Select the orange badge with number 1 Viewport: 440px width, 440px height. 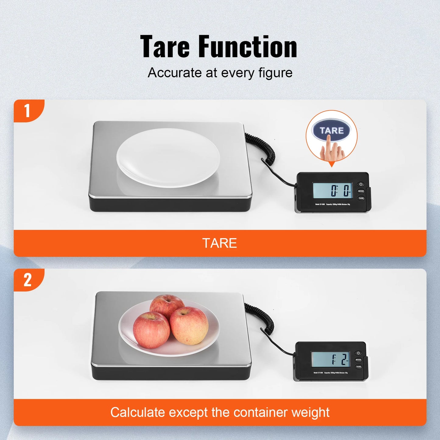click(x=27, y=110)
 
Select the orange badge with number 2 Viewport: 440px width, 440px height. click(x=27, y=280)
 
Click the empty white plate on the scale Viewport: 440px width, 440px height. click(x=168, y=158)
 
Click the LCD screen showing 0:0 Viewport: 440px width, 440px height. click(x=333, y=191)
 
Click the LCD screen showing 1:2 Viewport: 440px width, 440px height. click(x=330, y=359)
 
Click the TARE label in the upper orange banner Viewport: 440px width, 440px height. click(x=220, y=243)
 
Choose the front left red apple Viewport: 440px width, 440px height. click(x=151, y=330)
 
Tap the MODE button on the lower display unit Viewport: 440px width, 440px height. click(x=358, y=360)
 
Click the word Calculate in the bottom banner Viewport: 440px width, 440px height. click(x=138, y=412)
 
